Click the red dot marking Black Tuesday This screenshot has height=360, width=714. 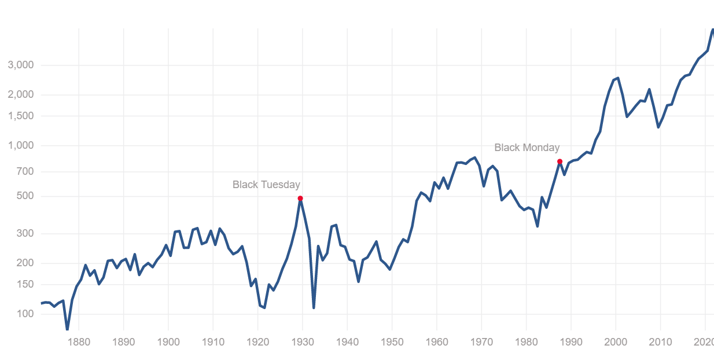tap(300, 199)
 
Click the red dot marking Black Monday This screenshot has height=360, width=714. tap(560, 161)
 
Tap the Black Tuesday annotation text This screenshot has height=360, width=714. tap(266, 185)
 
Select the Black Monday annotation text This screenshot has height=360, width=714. tap(527, 148)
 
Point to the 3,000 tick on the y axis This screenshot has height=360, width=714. tap(21, 65)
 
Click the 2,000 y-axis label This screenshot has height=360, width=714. tap(21, 94)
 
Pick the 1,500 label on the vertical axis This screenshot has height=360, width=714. tap(21, 116)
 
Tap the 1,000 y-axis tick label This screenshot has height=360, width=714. tap(21, 145)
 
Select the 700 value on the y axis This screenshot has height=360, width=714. tap(25, 171)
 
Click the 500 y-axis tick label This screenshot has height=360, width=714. tap(25, 196)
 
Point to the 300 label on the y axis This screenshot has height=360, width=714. tap(25, 233)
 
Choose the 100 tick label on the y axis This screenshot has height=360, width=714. tap(25, 314)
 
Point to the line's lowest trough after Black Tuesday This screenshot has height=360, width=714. tap(314, 307)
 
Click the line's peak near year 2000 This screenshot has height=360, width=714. tap(618, 78)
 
